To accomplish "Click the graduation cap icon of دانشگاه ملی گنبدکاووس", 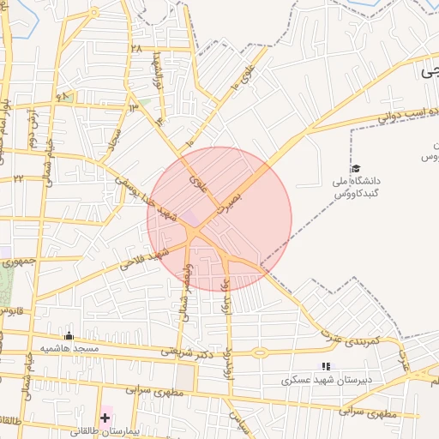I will pyautogui.click(x=356, y=168).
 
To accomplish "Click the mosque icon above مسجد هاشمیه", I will pyautogui.click(x=69, y=336).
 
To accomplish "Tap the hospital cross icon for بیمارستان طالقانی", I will pyautogui.click(x=105, y=418).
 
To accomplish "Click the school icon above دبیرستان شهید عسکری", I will pyautogui.click(x=325, y=366).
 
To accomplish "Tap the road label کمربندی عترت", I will pyautogui.click(x=350, y=340).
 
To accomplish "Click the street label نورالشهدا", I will pyautogui.click(x=158, y=71).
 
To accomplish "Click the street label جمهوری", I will pyautogui.click(x=18, y=259).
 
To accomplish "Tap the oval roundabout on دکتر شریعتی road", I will pyautogui.click(x=259, y=352).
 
